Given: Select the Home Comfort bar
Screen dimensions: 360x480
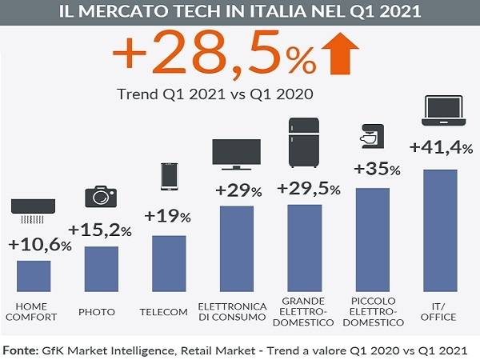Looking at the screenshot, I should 34,276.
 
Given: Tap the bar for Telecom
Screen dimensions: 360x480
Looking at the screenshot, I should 169,264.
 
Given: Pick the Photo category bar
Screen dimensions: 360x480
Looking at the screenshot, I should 101,270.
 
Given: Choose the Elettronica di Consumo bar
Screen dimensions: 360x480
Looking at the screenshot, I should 237,249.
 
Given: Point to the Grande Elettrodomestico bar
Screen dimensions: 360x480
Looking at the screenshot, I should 305,248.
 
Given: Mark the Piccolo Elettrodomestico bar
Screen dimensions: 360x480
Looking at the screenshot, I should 372,240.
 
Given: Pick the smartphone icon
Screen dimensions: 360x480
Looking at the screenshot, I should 169,175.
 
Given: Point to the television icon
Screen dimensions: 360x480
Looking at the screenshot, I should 237,154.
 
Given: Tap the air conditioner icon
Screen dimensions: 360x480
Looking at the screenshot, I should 33,210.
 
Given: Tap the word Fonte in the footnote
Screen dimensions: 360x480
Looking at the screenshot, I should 22,350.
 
